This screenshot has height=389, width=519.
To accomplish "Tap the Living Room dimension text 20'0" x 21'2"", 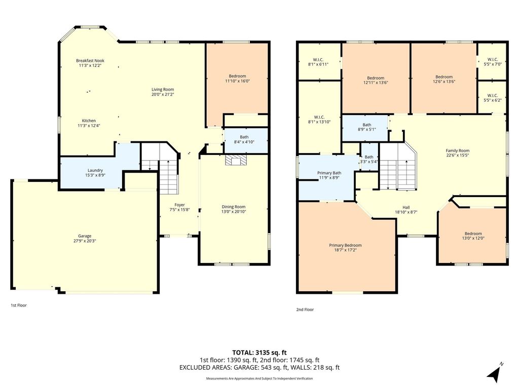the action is pyautogui.click(x=163, y=94).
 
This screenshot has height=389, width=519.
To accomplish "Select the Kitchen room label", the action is pyautogui.click(x=89, y=121).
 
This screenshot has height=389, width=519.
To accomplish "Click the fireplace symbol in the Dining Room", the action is pyautogui.click(x=236, y=160).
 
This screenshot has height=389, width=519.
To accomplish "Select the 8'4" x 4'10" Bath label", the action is pyautogui.click(x=244, y=139).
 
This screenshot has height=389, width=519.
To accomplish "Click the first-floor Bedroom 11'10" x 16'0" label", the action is pyautogui.click(x=237, y=79).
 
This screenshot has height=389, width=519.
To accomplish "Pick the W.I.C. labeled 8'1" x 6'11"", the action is pyautogui.click(x=318, y=62).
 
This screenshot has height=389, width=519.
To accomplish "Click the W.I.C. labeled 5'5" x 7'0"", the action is pyautogui.click(x=493, y=62).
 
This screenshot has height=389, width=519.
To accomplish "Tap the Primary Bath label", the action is pyautogui.click(x=329, y=175).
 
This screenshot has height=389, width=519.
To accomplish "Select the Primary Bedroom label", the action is pyautogui.click(x=345, y=248).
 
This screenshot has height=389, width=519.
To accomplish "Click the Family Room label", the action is pyautogui.click(x=458, y=153).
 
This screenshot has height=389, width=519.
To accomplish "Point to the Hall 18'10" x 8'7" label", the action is pyautogui.click(x=406, y=210).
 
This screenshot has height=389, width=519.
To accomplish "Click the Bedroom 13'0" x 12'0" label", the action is pyautogui.click(x=473, y=236).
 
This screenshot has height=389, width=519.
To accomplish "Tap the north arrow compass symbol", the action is pyautogui.click(x=494, y=373).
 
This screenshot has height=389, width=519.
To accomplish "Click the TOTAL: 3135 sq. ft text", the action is pyautogui.click(x=259, y=353).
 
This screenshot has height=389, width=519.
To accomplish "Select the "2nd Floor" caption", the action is pyautogui.click(x=305, y=309).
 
